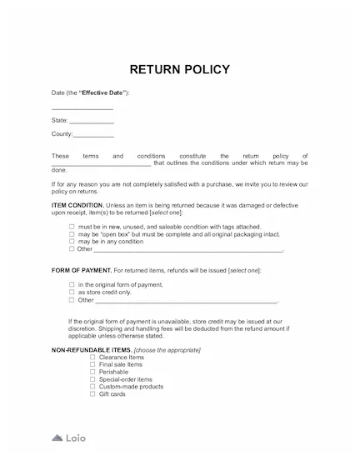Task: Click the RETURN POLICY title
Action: pos(180,68)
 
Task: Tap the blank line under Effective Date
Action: pos(82,108)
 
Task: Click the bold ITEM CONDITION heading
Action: pos(77,204)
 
